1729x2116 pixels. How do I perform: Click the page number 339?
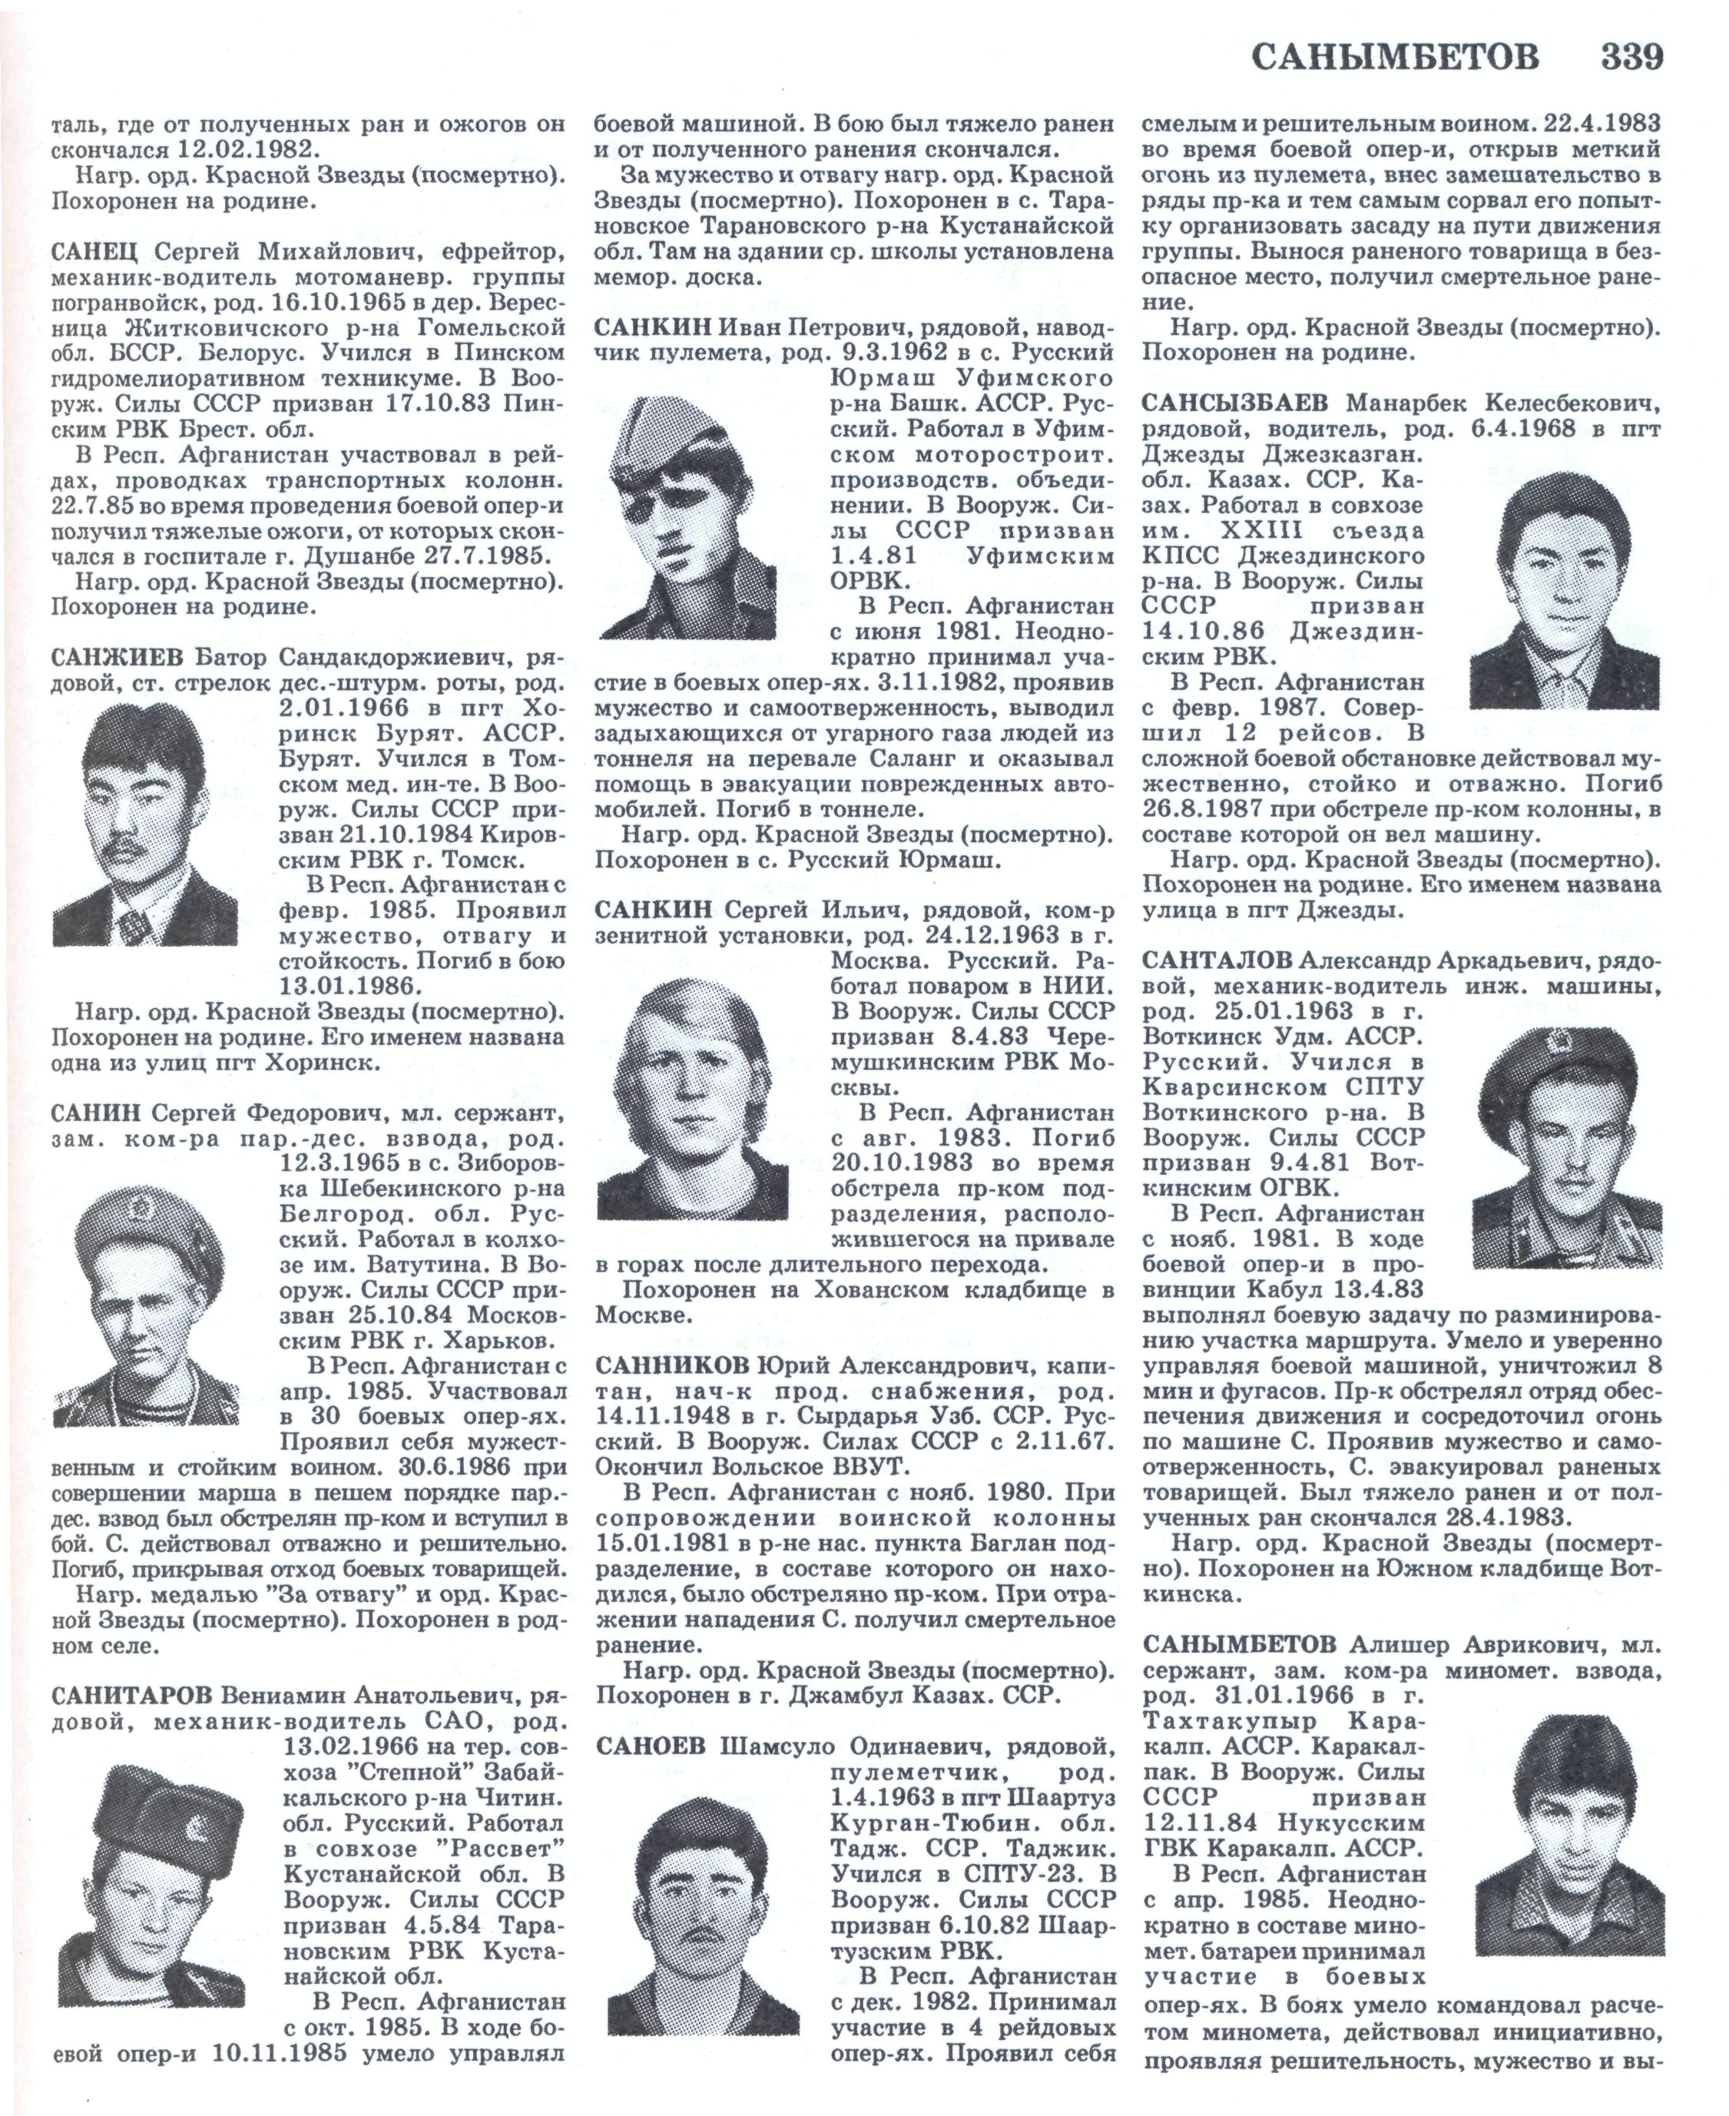tap(1631, 57)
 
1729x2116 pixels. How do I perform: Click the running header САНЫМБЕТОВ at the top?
tap(1394, 58)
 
